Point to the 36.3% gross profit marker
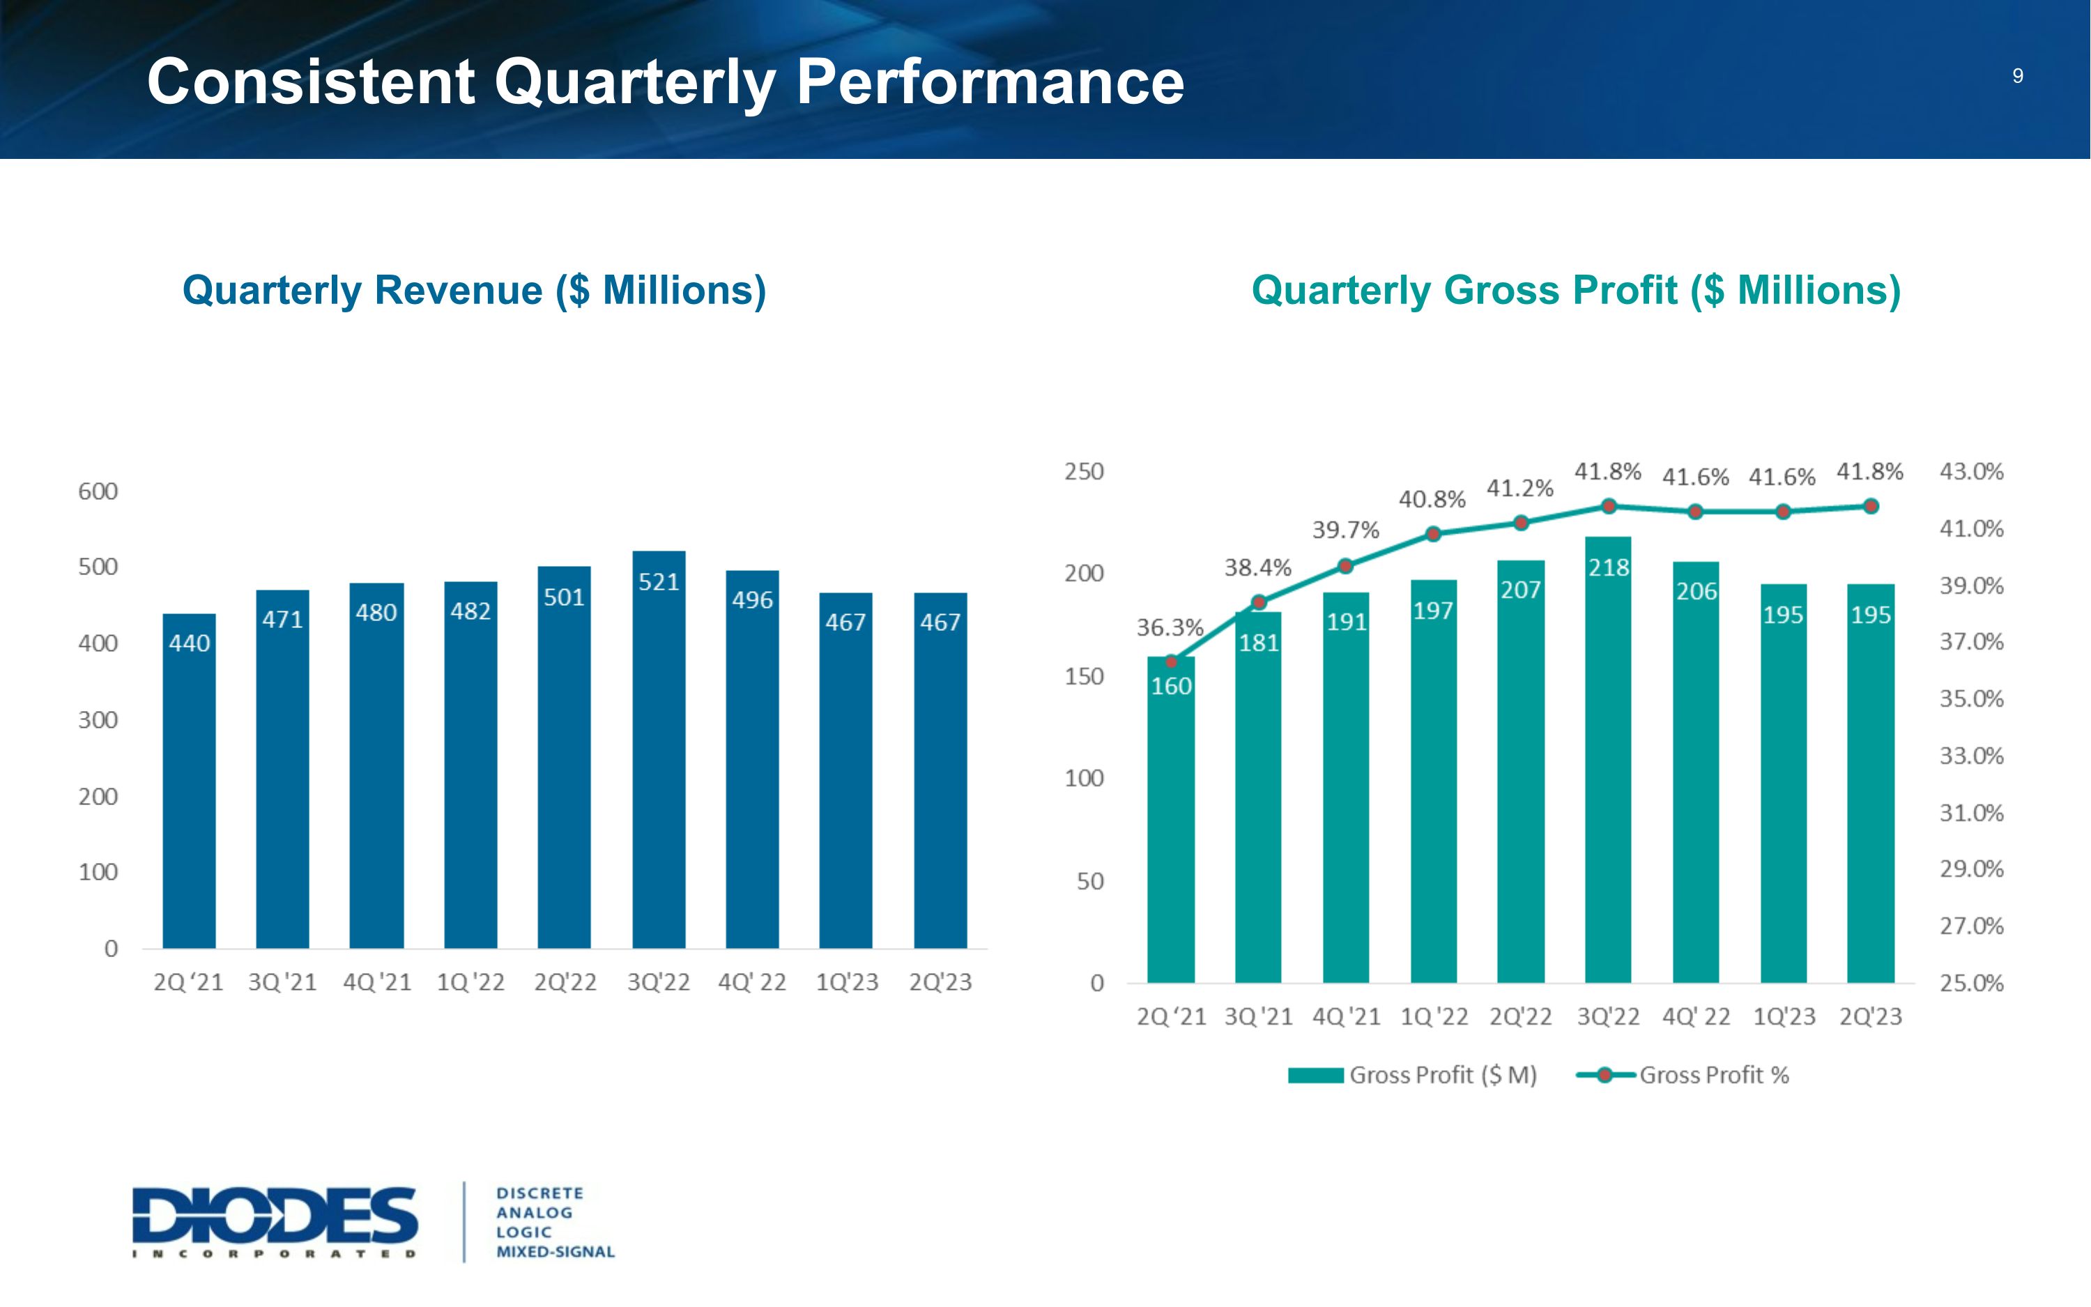point(1171,662)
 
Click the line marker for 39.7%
point(1345,566)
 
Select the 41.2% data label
point(1520,489)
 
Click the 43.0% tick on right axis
point(1971,472)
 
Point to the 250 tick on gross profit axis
point(1084,472)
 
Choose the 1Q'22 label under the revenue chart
point(471,982)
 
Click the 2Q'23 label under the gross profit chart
point(1871,1016)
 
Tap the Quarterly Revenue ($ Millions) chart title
point(475,291)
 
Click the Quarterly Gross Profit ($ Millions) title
point(1576,291)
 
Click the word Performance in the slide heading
point(989,83)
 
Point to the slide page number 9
point(2018,76)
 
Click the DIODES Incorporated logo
point(275,1221)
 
